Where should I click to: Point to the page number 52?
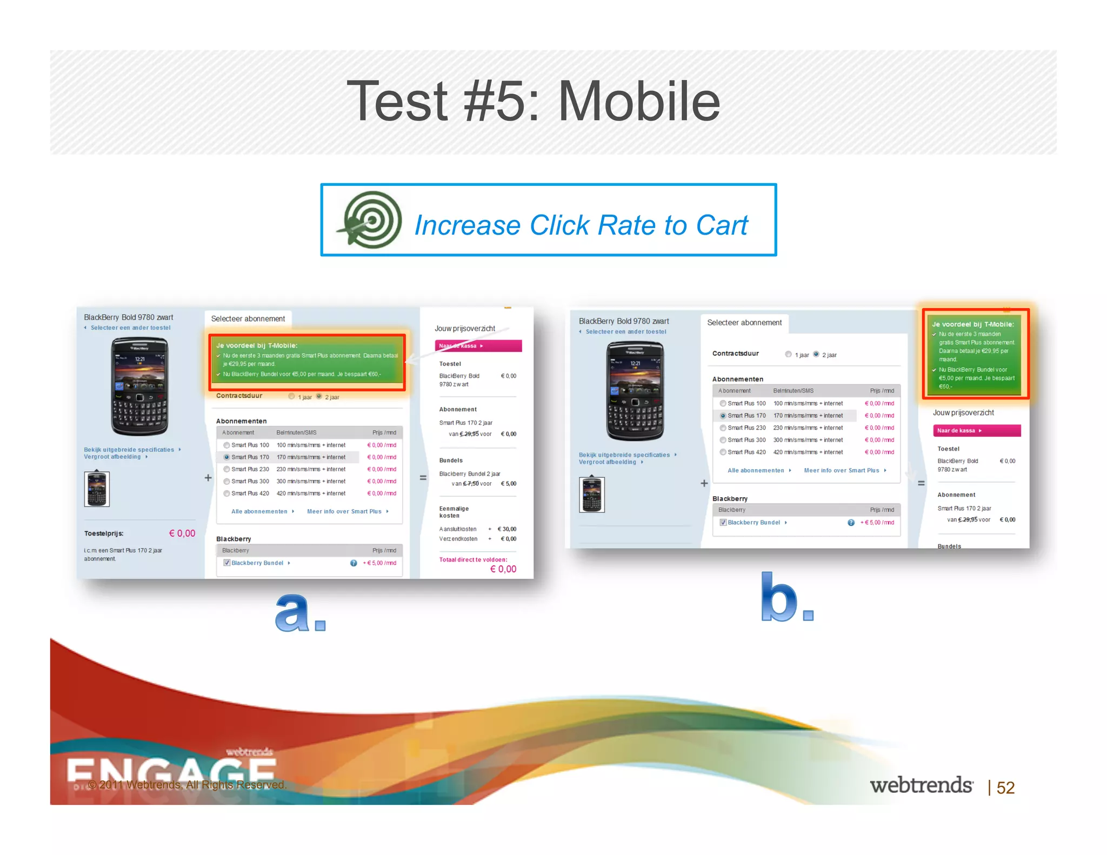point(1005,787)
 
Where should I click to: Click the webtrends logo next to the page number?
point(921,785)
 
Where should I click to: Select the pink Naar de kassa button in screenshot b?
point(976,431)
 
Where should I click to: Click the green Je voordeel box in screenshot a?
point(307,360)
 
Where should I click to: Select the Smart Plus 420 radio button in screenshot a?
point(227,493)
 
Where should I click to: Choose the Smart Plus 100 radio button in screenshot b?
point(723,403)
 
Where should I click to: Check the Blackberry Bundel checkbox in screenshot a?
point(227,563)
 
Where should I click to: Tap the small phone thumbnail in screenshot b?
point(591,494)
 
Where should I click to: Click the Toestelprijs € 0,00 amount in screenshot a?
point(182,533)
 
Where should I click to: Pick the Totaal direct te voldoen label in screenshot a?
point(473,560)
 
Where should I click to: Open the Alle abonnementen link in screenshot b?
point(756,470)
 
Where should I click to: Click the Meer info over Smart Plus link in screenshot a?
point(344,511)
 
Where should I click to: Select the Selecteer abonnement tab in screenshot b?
point(744,323)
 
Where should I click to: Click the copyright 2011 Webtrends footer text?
point(186,785)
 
